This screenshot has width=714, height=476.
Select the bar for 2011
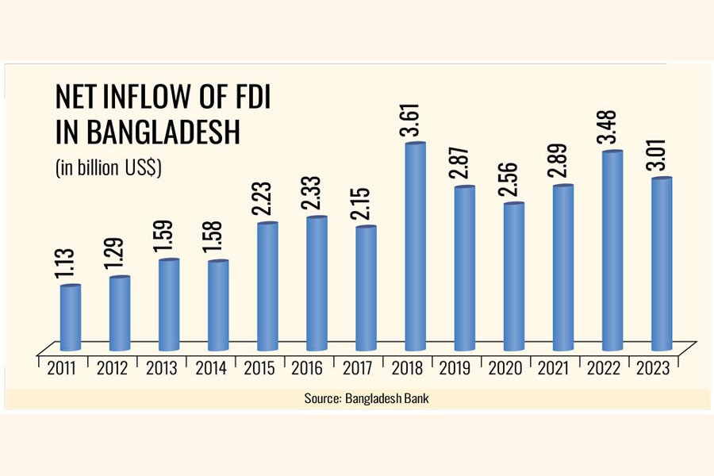71,317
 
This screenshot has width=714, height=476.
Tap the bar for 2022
612,251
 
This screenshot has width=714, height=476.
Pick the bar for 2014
219,305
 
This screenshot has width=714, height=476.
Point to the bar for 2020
514,277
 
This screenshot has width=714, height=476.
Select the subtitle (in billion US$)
108,168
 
